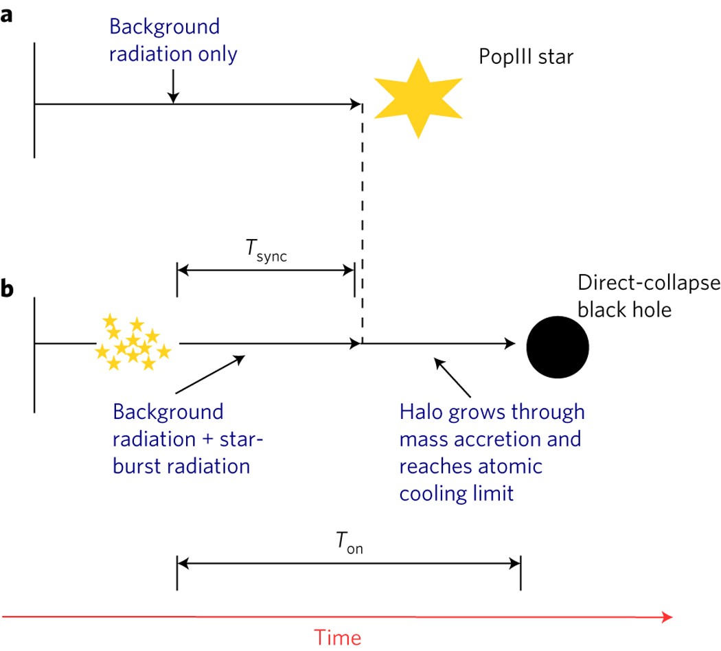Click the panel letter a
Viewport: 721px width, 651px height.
click(7, 16)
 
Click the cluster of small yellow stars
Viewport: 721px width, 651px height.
click(133, 343)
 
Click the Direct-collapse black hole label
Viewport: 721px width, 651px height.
click(648, 296)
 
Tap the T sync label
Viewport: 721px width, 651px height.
click(265, 253)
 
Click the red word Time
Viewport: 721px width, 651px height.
click(337, 637)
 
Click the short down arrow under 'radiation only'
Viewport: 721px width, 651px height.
click(174, 86)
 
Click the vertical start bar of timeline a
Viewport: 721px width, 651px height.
click(34, 100)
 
